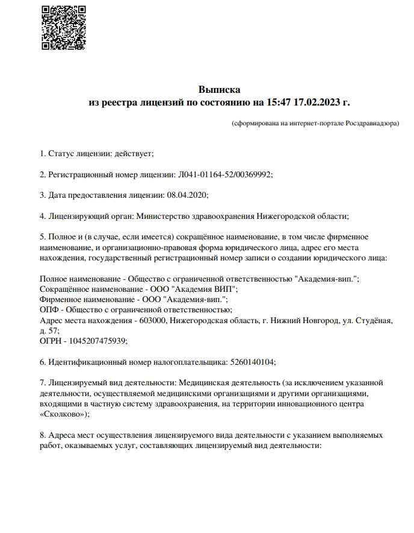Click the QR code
pos(63,28)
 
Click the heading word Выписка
pos(219,90)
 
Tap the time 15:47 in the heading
pos(277,102)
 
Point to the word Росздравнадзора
pos(371,123)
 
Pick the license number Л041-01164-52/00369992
pos(224,174)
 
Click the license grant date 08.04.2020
pos(187,195)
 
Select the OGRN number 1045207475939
pos(96,341)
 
